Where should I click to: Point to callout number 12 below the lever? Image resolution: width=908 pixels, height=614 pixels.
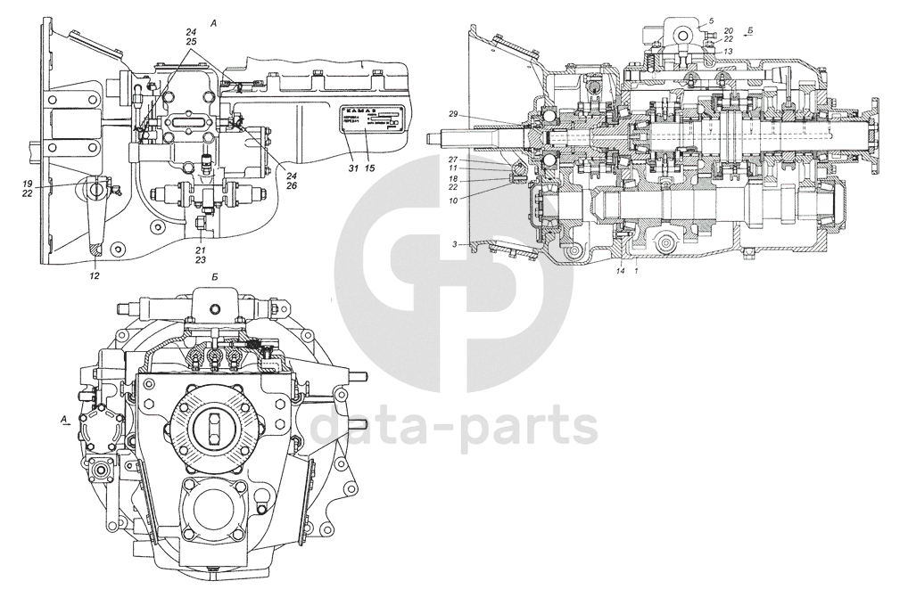(x=95, y=276)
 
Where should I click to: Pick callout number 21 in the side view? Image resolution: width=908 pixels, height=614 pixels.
(x=201, y=250)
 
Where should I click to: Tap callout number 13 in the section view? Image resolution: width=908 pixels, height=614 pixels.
(x=729, y=51)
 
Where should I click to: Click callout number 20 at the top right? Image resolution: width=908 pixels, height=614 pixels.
(x=729, y=30)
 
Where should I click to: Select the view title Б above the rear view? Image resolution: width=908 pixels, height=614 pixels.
(x=215, y=278)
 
